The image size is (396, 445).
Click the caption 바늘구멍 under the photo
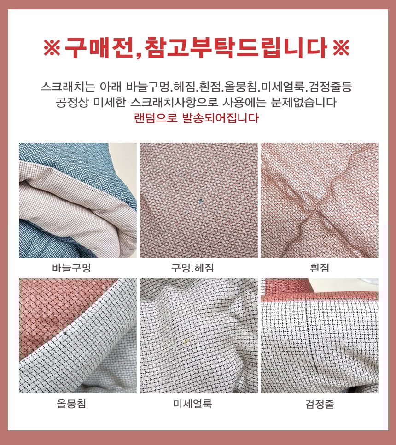pos(71,268)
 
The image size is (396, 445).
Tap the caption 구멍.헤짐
pos(192,268)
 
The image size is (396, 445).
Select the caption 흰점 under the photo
pos(320,268)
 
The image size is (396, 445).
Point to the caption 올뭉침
pos(71,403)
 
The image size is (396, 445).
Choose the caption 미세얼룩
pos(192,403)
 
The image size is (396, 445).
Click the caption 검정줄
pos(320,403)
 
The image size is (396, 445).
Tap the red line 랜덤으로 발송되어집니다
pos(196,118)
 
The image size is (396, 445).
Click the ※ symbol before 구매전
pos(52,47)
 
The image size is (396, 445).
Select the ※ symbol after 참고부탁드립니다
pos(341,47)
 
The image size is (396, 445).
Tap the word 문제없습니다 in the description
pos(303,102)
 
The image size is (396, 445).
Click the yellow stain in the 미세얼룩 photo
pos(186,341)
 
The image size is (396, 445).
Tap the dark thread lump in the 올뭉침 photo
pos(66,333)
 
